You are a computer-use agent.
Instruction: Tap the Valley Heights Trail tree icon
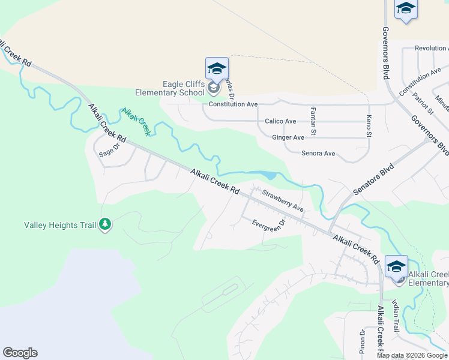(x=105, y=225)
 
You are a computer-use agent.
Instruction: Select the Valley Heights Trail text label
(x=60, y=225)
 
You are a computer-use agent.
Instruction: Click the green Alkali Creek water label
(x=136, y=122)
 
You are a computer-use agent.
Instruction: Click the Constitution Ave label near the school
(x=233, y=104)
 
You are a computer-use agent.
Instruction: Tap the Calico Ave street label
(x=280, y=121)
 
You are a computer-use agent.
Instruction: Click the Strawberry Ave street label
(x=283, y=200)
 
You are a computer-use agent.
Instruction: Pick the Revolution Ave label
(x=431, y=49)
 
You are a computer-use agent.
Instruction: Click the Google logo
(x=20, y=353)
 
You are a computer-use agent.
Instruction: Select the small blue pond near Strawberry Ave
(x=268, y=176)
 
